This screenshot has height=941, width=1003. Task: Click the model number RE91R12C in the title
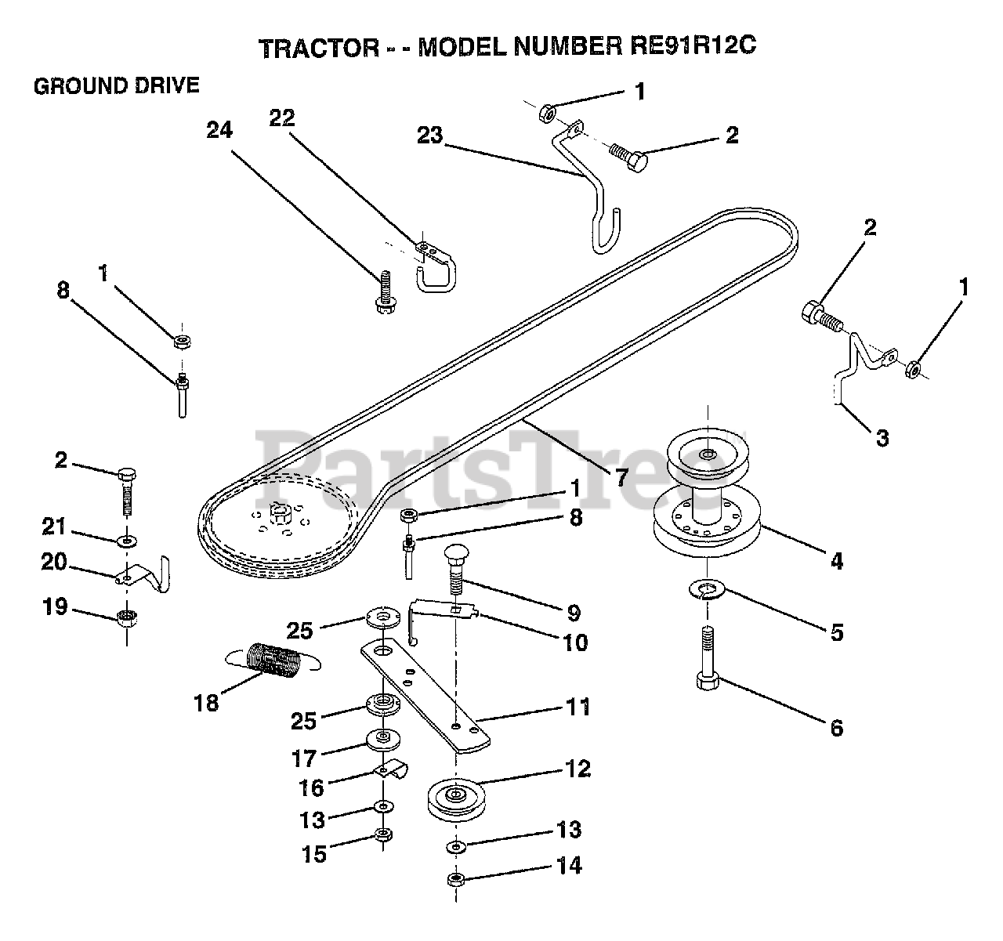(x=693, y=46)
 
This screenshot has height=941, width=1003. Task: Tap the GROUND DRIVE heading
(x=117, y=86)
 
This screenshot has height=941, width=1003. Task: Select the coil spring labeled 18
(x=273, y=661)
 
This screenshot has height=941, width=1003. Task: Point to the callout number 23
(x=429, y=136)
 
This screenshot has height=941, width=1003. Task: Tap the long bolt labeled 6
(x=707, y=658)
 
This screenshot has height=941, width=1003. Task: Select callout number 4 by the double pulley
(x=837, y=561)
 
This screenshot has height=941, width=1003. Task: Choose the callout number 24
(x=219, y=130)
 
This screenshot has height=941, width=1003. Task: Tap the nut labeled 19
(x=127, y=618)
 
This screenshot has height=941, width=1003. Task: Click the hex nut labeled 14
(x=455, y=879)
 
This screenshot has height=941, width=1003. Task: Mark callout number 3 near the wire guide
(x=882, y=438)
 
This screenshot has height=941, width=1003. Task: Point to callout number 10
(x=575, y=642)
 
